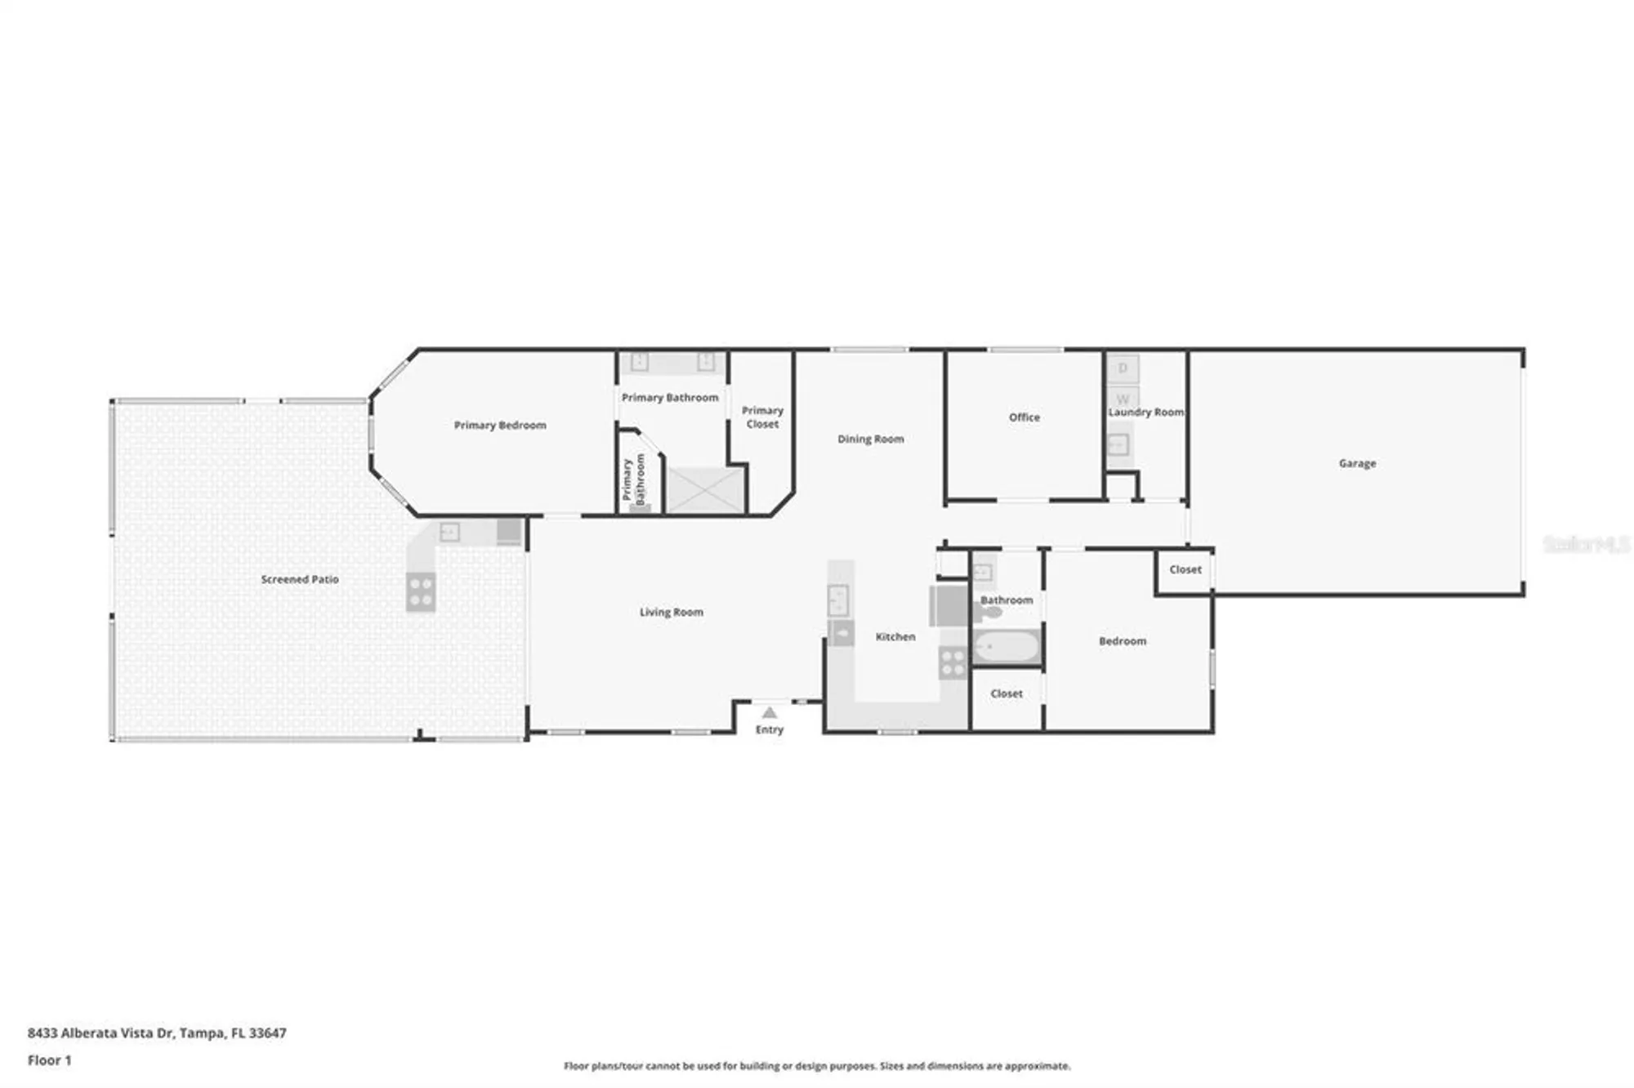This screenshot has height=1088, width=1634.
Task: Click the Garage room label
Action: (x=1357, y=463)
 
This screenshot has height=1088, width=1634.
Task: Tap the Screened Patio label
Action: (x=300, y=579)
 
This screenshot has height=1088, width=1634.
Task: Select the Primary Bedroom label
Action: (x=500, y=425)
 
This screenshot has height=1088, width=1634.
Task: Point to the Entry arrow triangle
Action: (x=769, y=713)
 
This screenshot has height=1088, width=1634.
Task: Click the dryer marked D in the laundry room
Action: (x=1123, y=368)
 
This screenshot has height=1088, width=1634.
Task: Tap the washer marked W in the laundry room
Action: (x=1123, y=399)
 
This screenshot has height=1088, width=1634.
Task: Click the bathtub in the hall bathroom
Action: (x=1006, y=649)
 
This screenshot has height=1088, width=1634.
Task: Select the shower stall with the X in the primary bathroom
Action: (x=706, y=488)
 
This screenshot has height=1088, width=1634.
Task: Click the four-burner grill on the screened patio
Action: (x=421, y=591)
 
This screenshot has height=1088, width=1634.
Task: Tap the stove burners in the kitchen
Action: (x=953, y=662)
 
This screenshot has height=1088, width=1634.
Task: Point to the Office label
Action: (x=1024, y=417)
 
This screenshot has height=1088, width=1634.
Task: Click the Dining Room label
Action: (x=870, y=439)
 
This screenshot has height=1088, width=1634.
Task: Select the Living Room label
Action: (x=671, y=612)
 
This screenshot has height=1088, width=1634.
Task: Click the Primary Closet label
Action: (x=762, y=417)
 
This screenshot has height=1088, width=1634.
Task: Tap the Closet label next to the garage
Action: (x=1185, y=569)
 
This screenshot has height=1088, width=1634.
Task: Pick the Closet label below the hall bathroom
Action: (x=1006, y=693)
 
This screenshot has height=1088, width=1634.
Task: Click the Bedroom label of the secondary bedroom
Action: (x=1122, y=641)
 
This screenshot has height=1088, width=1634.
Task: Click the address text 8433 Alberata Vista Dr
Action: (x=157, y=1032)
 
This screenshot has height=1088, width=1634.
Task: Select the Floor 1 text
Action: (x=50, y=1060)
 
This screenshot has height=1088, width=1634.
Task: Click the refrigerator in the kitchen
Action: (x=950, y=605)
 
